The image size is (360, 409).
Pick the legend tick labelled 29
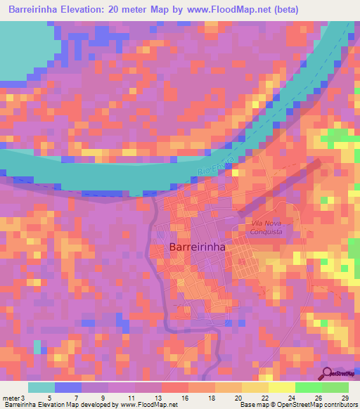[x=344, y=398]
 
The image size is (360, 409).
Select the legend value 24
[x=282, y=398]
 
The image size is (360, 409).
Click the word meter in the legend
[x=12, y=398]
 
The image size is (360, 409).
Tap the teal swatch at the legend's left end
[x=41, y=387]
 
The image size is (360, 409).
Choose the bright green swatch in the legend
[x=308, y=387]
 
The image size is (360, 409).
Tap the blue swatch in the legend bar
[x=68, y=387]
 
